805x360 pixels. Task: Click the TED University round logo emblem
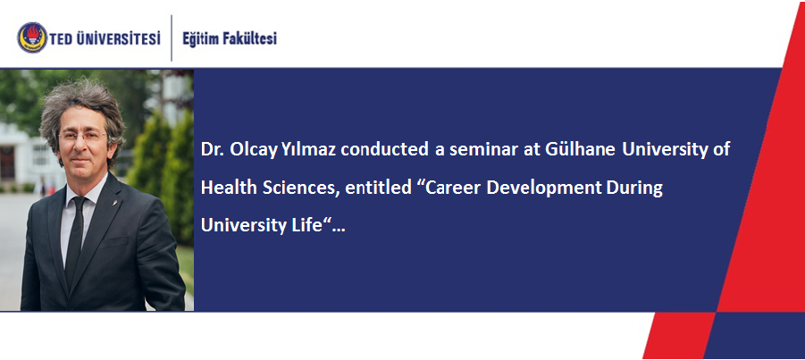(32, 38)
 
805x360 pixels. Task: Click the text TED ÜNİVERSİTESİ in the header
(105, 38)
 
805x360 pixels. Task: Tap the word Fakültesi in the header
(253, 38)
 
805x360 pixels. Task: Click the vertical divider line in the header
(172, 38)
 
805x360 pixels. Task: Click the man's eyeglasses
(82, 137)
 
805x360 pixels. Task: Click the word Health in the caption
(230, 188)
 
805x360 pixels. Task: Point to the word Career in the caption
(452, 188)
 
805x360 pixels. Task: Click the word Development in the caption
(544, 188)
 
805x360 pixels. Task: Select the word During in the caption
(634, 188)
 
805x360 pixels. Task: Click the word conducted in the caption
(384, 150)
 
